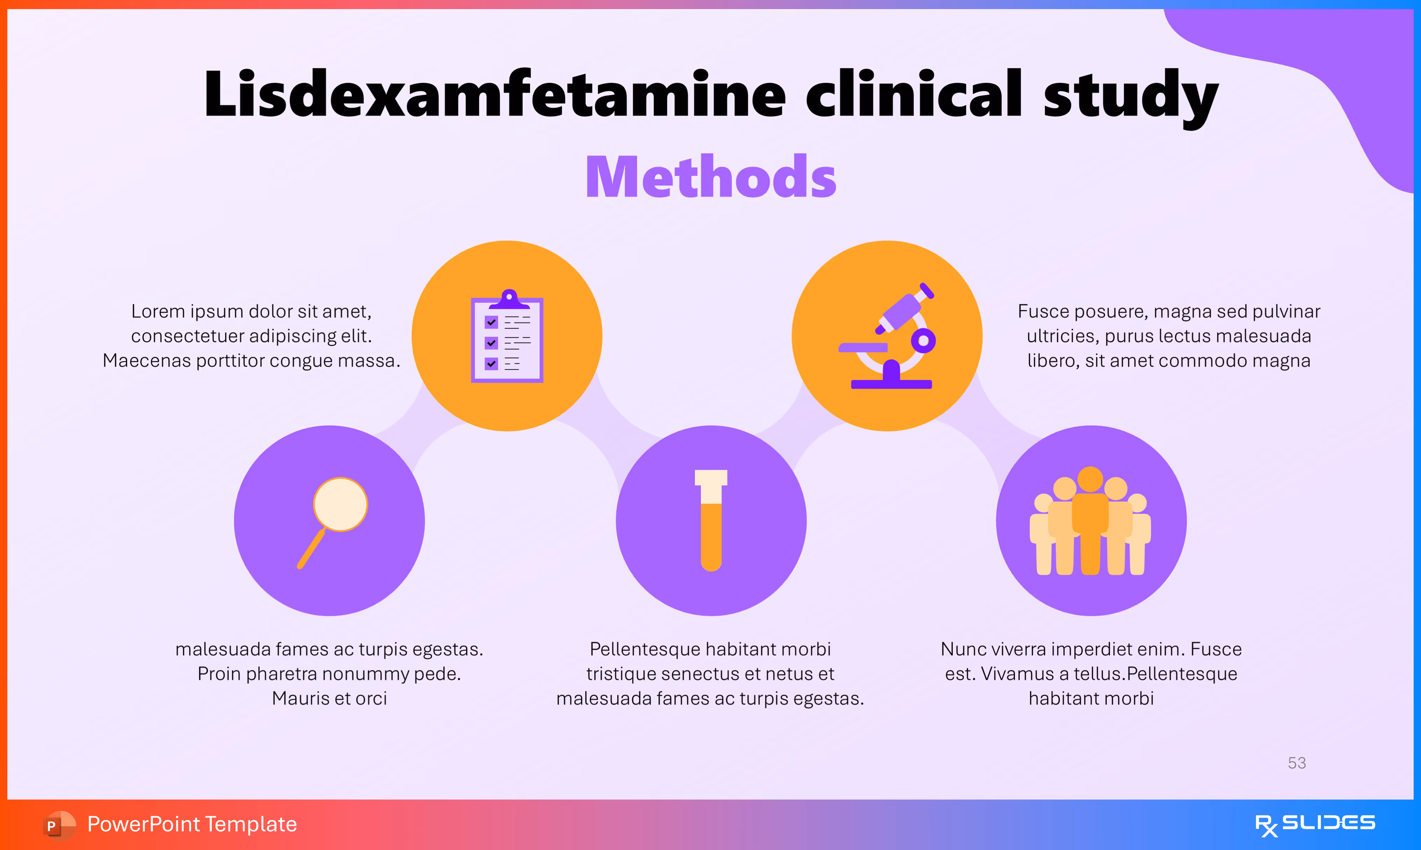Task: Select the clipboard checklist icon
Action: [507, 338]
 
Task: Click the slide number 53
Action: [1297, 763]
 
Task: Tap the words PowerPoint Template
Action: [192, 824]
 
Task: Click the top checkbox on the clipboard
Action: [491, 322]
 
